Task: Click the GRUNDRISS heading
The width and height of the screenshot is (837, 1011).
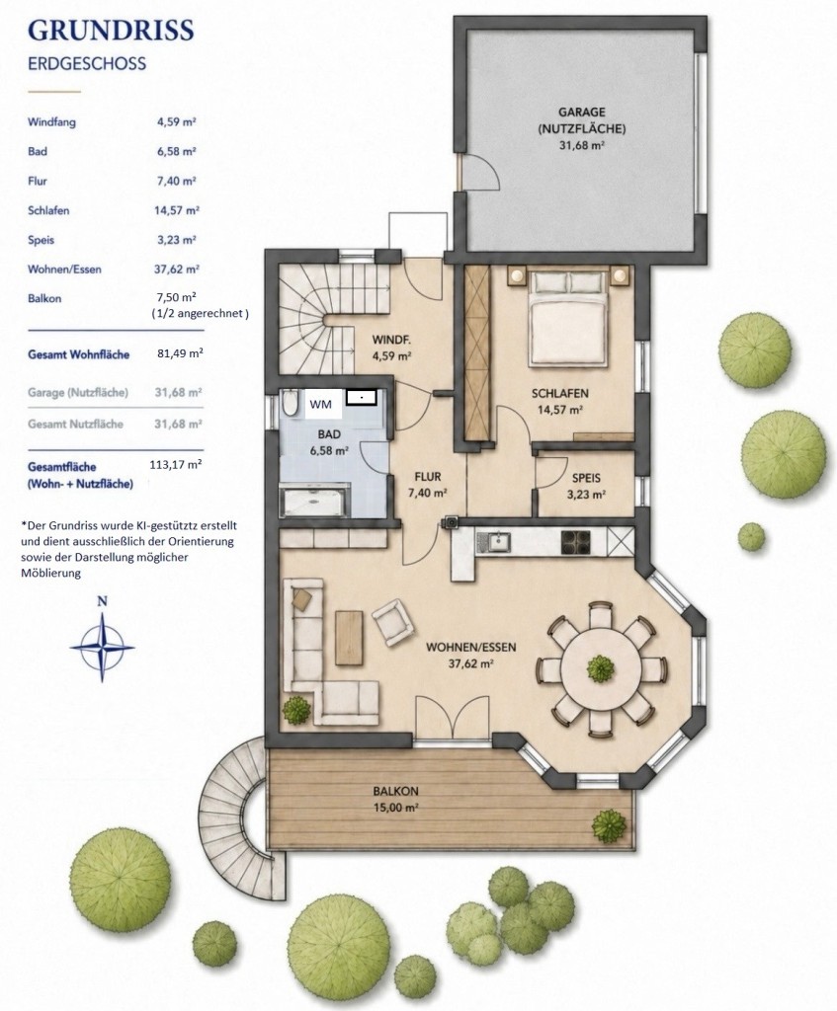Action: point(111,31)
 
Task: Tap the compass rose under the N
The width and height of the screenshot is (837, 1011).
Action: point(102,647)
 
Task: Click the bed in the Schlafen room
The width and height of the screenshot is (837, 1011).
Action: point(568,319)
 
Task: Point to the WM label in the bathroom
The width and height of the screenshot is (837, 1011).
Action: point(321,404)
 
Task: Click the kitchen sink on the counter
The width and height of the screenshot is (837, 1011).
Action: point(499,542)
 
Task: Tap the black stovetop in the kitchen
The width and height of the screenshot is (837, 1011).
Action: point(576,542)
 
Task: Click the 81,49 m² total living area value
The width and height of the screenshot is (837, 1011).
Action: point(180,353)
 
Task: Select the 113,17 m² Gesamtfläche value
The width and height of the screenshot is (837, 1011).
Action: point(175,464)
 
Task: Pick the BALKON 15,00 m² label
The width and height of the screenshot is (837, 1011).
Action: point(395,799)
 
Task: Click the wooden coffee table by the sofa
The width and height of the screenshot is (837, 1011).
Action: point(349,638)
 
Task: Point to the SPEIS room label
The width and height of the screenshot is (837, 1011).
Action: point(586,479)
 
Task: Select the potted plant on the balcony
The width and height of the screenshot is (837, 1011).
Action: point(608,825)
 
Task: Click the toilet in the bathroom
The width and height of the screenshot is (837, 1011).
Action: point(290,403)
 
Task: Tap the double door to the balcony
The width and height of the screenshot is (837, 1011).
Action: point(453,719)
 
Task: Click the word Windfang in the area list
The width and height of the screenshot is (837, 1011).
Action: point(51,121)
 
